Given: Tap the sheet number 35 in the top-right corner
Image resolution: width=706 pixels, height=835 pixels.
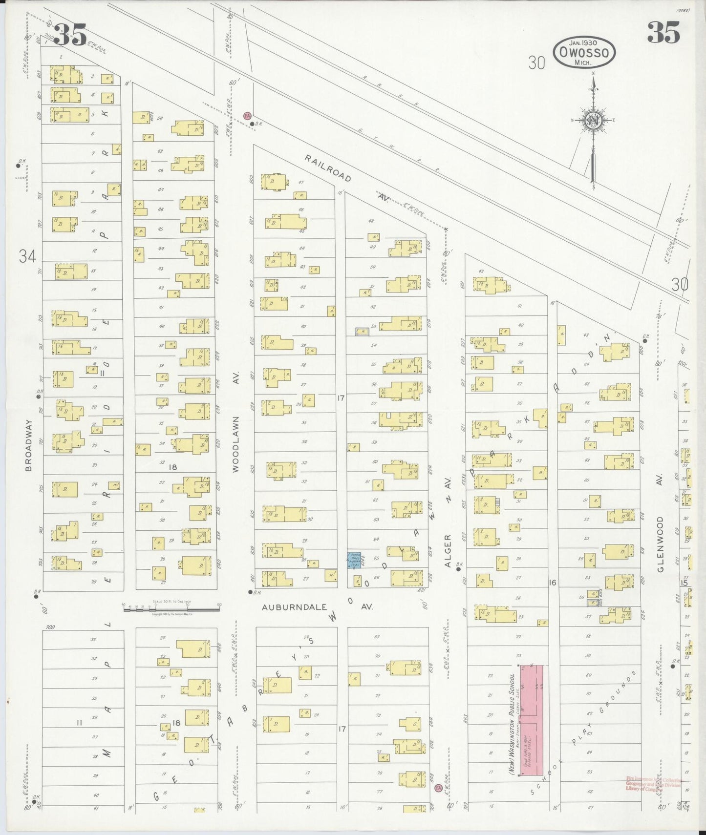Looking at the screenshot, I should coord(663,33).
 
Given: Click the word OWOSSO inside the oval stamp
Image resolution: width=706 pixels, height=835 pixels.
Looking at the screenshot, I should coord(584,52).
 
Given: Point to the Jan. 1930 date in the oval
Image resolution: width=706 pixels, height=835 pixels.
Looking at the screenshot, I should coord(584,42).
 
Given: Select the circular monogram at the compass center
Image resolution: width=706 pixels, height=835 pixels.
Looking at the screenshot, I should coord(593,121).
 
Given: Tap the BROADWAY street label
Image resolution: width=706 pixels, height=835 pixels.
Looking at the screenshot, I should coord(28,445).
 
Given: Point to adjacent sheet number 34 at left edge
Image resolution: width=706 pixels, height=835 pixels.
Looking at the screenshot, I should coord(27,256).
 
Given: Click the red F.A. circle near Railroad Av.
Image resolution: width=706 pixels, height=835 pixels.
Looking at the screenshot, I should coord(247,116).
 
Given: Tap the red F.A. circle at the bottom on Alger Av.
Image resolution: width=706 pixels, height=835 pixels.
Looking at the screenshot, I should coord(438,788).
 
